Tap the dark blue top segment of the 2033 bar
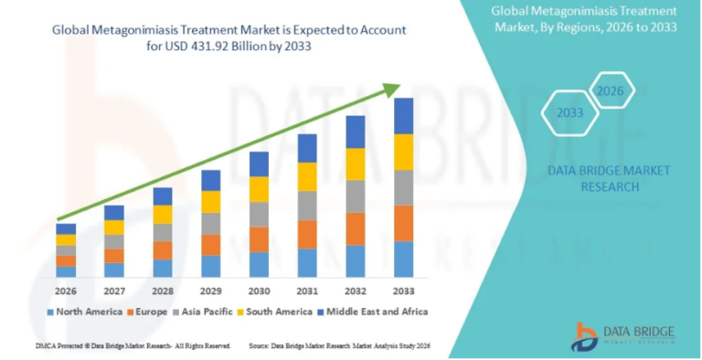[403, 116]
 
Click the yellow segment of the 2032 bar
[356, 164]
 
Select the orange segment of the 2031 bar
[307, 234]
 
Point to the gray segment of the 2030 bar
[259, 214]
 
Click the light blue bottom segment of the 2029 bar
[210, 266]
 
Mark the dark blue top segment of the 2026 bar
[66, 228]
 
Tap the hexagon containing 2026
[608, 90]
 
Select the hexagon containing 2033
[570, 113]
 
